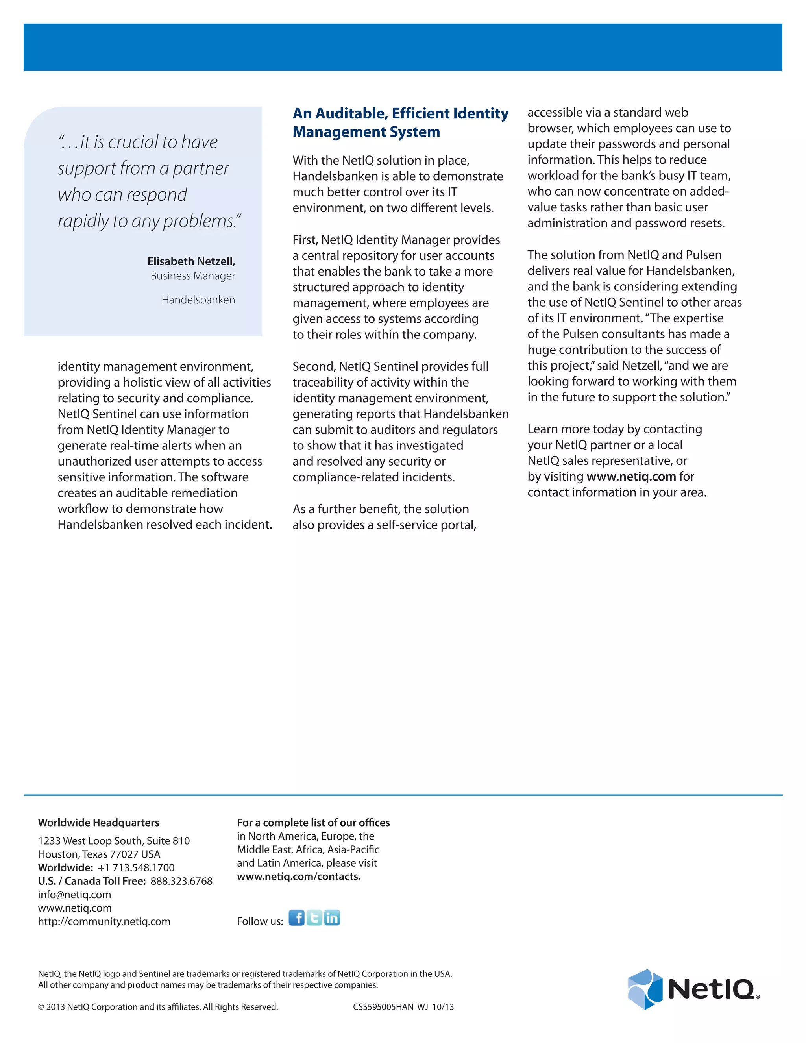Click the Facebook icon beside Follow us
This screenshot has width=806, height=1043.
(296, 917)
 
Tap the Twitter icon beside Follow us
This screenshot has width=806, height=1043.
(314, 917)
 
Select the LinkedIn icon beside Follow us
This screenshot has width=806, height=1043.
(332, 917)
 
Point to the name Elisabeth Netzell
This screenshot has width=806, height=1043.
(191, 261)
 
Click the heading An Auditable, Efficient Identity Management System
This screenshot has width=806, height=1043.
(400, 122)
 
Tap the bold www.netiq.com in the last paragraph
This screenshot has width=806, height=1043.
(631, 477)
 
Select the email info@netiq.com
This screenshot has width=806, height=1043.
(74, 895)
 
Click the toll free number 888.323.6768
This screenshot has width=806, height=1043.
(181, 881)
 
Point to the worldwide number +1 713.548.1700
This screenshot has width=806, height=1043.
(136, 868)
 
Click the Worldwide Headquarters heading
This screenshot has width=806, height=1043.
(98, 822)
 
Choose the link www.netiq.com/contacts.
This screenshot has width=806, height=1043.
(298, 877)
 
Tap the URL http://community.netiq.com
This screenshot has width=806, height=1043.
(104, 921)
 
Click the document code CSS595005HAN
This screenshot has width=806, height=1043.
(383, 1007)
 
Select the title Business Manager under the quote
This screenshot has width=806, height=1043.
(192, 276)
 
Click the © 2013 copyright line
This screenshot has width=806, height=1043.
(157, 1007)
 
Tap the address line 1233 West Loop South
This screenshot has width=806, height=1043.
(114, 841)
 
